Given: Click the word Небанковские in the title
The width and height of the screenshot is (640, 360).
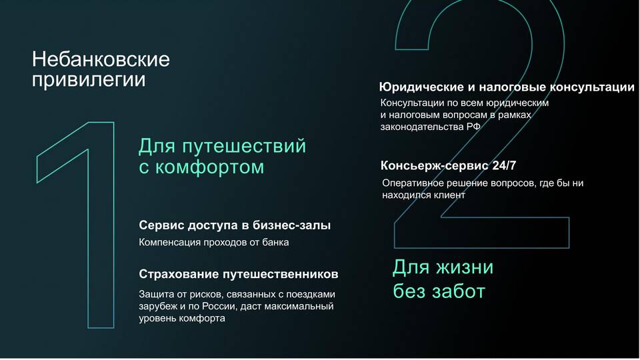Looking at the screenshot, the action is click(x=101, y=59).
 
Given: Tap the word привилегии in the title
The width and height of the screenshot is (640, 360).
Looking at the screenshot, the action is click(x=89, y=79).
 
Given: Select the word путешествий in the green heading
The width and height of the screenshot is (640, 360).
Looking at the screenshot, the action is click(x=244, y=147).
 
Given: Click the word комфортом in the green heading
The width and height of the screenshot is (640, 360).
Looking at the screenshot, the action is click(x=210, y=167).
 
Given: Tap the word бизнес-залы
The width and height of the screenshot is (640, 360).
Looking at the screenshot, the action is click(x=292, y=225).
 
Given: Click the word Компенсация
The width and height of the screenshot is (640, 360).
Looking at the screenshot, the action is click(x=170, y=243).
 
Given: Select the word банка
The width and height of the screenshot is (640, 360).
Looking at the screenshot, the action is click(x=275, y=243).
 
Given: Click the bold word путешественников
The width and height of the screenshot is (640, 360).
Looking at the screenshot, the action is click(x=281, y=274).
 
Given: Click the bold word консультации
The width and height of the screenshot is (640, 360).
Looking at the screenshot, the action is click(x=592, y=87).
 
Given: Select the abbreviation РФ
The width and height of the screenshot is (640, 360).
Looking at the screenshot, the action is click(x=473, y=127).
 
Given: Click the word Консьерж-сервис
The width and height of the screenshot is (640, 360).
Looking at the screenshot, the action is click(x=435, y=166).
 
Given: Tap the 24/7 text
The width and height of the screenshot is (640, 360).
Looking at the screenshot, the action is click(x=504, y=165).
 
